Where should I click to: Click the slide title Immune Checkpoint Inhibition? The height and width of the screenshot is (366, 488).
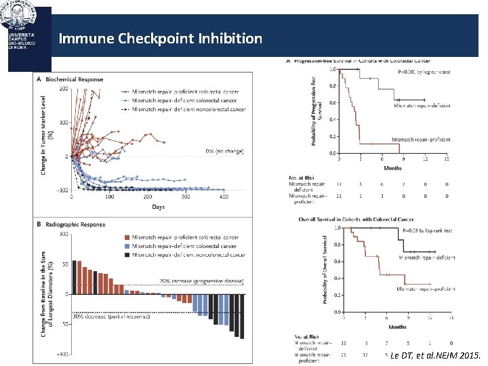[x=160, y=39]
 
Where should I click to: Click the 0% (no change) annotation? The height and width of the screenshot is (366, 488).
[x=224, y=150]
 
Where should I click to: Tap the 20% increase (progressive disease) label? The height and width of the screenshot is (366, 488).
[x=192, y=281]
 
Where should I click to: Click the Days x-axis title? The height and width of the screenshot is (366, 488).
[x=158, y=206]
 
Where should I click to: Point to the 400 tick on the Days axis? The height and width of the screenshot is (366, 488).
[x=224, y=197]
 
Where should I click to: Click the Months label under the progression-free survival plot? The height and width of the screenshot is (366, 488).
[x=393, y=167]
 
